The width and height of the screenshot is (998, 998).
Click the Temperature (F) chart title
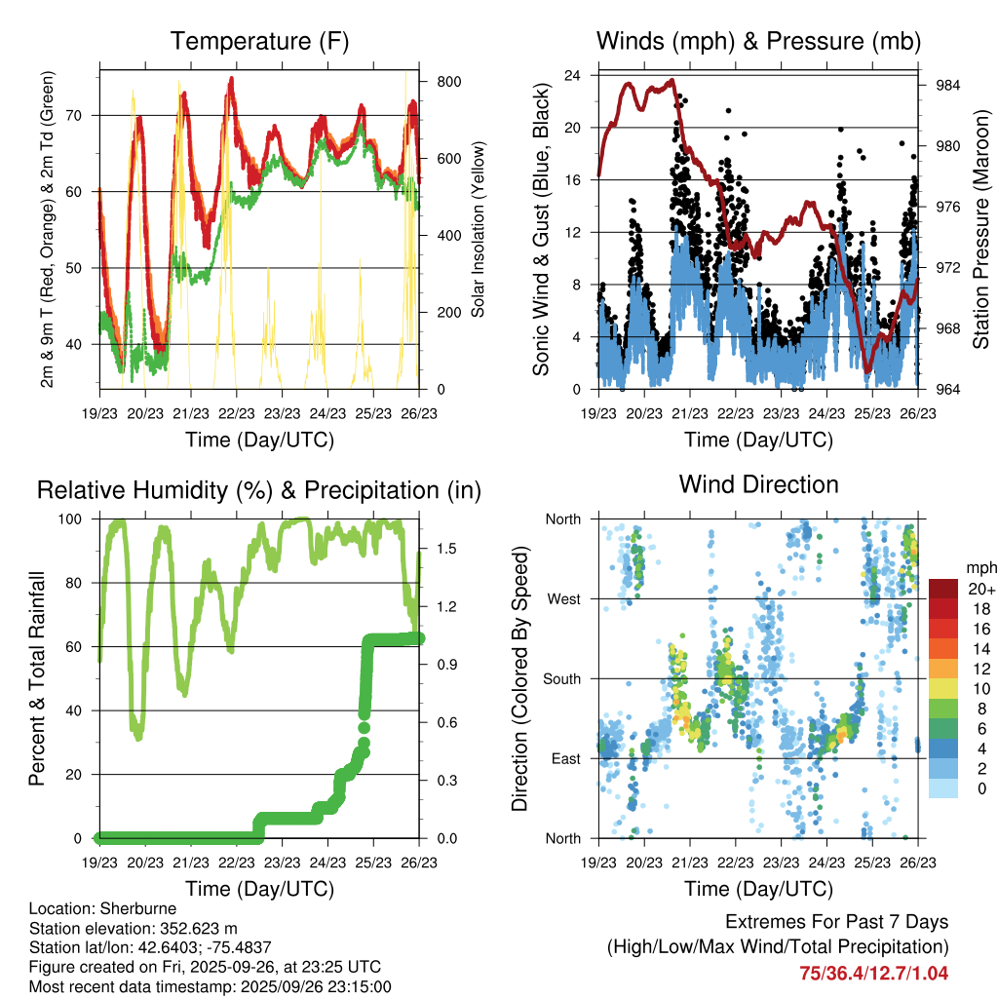(259, 42)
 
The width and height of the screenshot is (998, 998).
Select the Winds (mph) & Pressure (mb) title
(758, 42)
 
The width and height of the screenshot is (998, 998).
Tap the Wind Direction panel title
(758, 484)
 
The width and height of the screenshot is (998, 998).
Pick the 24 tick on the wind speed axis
(573, 75)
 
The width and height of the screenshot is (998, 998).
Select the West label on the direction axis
(562, 598)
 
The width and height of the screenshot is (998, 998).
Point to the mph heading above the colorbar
(980, 567)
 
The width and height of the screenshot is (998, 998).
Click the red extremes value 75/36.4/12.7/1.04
(873, 973)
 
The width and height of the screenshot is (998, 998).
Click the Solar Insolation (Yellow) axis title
(479, 230)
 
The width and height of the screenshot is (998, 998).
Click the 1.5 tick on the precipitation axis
(446, 548)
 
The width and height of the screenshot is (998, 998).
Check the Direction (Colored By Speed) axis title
(520, 678)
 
